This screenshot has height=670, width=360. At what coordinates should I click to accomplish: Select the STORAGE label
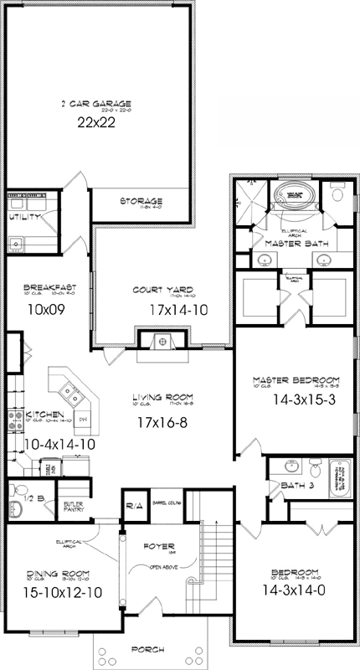[x=140, y=202]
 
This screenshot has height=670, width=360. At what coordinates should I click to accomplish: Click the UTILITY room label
[x=23, y=217]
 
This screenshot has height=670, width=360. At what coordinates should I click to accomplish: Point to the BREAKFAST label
[x=49, y=287]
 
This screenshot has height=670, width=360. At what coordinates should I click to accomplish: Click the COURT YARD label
[x=158, y=291]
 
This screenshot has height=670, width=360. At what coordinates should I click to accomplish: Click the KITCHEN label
[x=41, y=415]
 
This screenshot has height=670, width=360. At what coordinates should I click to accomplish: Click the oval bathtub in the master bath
[x=294, y=197]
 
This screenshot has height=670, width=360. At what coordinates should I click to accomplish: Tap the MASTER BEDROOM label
[x=295, y=380]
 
